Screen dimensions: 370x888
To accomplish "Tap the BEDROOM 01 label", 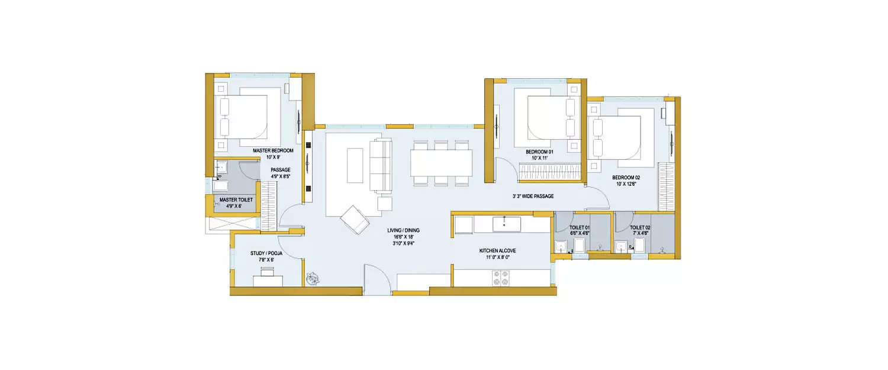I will (539, 152).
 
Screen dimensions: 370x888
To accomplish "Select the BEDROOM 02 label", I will (626, 178).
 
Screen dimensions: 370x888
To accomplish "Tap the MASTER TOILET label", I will (236, 200).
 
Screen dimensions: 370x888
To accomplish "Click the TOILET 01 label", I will (579, 227).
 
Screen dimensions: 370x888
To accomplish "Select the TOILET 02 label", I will (640, 227).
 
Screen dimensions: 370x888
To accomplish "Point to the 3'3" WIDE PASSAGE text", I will (533, 196).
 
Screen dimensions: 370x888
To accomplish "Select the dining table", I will (442, 163).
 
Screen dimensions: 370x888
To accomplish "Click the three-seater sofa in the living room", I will (381, 166).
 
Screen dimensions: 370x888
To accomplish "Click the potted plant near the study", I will (313, 277).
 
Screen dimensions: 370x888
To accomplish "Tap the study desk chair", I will (267, 272).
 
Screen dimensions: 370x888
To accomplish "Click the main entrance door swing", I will (376, 278).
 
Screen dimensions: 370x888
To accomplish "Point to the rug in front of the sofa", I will (355, 166).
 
